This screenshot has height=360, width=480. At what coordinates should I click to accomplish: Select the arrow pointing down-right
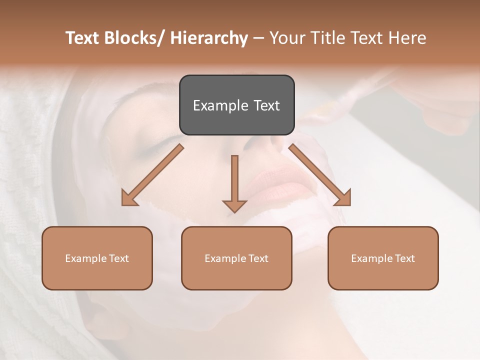(320, 175)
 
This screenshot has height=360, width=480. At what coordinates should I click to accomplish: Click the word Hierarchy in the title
(209, 38)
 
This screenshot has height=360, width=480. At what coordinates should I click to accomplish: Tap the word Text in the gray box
(266, 105)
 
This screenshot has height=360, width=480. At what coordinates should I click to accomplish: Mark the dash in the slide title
(258, 38)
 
